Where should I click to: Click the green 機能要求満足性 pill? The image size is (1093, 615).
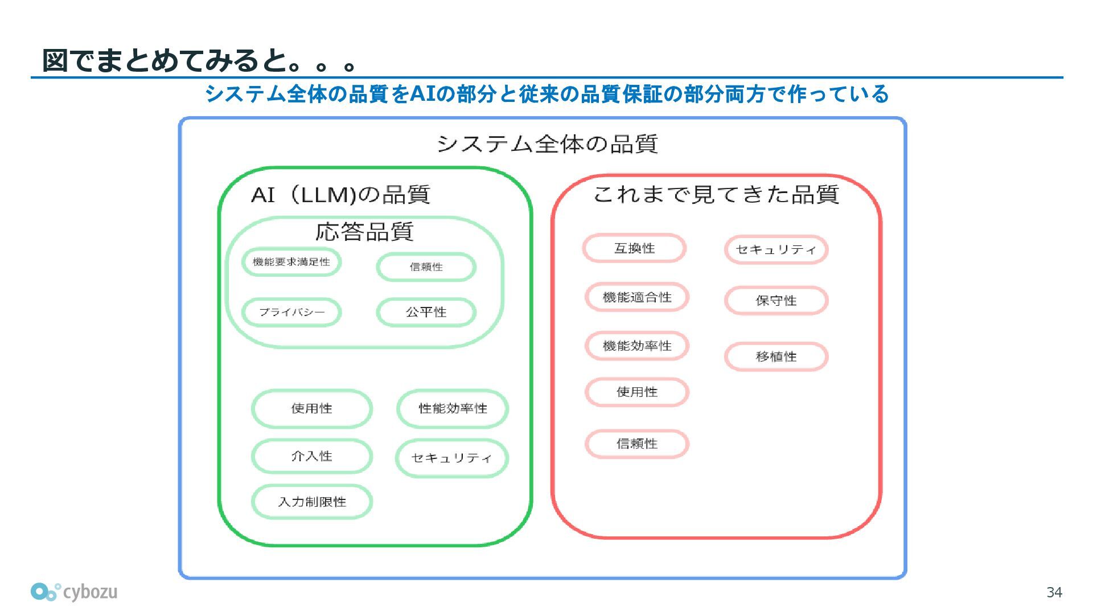(291, 262)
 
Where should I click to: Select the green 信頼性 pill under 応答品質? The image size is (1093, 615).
(426, 267)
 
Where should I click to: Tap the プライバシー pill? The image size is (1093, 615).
(291, 312)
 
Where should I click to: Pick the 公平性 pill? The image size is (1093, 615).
(426, 312)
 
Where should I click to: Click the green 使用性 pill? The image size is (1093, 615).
(311, 408)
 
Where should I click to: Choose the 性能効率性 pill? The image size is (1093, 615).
(453, 408)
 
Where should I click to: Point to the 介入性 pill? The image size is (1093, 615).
(311, 456)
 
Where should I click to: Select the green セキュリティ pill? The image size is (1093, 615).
(451, 458)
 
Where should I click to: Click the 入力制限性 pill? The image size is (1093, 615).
(311, 502)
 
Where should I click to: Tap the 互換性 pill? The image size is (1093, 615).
(634, 248)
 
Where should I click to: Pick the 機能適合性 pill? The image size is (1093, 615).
(637, 297)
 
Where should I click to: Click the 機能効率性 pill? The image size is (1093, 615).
(637, 346)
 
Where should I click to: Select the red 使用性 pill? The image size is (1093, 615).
(637, 392)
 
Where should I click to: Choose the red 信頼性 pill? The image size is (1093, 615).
(637, 444)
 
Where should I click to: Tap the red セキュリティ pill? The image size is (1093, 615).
(776, 249)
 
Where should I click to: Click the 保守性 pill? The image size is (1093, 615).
(776, 301)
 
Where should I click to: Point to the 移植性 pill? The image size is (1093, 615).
(776, 356)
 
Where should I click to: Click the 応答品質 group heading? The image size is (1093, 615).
(364, 232)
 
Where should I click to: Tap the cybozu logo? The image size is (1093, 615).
(74, 592)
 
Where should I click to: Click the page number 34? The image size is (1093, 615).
(1054, 593)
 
